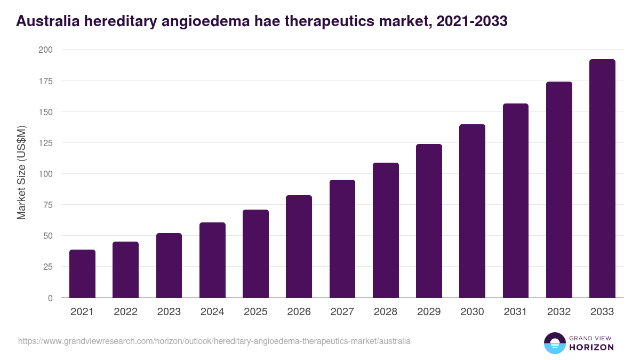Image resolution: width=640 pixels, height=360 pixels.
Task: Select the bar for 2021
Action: tap(82, 274)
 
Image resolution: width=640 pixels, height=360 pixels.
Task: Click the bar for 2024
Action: tap(212, 260)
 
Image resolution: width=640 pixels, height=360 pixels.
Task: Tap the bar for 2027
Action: tap(342, 239)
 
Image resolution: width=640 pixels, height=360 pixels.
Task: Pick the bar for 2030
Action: tap(472, 211)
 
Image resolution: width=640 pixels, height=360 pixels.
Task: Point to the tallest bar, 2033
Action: tap(602, 179)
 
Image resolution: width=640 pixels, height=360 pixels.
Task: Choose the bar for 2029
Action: tap(429, 221)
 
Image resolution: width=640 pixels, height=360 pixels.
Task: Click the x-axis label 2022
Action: tap(125, 312)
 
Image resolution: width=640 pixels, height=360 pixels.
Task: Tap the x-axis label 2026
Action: tap(299, 312)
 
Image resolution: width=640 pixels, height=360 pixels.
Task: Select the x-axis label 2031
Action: tap(515, 312)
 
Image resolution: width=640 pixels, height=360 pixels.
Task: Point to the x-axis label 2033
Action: tap(602, 312)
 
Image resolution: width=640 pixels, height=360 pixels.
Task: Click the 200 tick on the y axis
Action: tap(45, 50)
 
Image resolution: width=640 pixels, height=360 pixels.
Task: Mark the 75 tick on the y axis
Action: tap(47, 205)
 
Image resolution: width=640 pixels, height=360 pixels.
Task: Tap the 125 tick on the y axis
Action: tap(45, 143)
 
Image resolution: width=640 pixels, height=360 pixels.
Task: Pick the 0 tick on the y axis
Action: tap(50, 298)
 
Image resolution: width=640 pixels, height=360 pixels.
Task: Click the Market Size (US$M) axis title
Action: tap(21, 173)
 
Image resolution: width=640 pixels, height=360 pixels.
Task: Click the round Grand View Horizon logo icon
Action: tap(555, 343)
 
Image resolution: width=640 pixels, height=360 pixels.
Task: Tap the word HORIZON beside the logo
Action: tap(592, 347)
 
